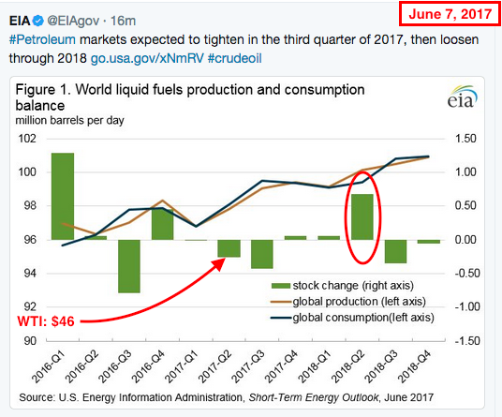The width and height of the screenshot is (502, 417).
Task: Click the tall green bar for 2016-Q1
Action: click(x=63, y=197)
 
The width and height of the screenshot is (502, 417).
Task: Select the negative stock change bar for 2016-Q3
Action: click(x=129, y=266)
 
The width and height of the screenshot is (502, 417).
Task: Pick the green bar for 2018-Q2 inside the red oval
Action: click(x=362, y=216)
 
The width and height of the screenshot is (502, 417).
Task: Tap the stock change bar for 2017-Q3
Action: click(x=262, y=254)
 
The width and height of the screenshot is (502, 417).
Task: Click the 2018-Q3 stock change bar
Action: click(x=396, y=251)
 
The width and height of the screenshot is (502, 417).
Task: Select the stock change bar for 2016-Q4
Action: click(x=162, y=225)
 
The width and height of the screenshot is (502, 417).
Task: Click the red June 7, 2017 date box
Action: click(x=450, y=14)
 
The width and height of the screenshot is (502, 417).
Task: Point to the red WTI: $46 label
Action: click(x=46, y=321)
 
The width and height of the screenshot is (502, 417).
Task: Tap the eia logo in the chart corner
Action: click(x=462, y=97)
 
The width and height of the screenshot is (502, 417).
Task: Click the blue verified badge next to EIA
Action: click(x=37, y=21)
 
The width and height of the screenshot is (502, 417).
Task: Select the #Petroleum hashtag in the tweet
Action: click(x=42, y=40)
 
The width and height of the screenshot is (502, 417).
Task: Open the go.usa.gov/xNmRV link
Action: click(x=147, y=58)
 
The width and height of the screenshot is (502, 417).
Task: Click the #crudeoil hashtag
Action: click(x=235, y=58)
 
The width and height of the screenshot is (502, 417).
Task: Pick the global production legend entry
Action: click(x=348, y=302)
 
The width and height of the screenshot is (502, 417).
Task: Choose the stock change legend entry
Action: click(x=342, y=286)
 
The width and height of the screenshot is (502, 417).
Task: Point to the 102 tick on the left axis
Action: click(x=27, y=139)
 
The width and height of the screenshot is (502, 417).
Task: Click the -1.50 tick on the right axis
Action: click(x=467, y=341)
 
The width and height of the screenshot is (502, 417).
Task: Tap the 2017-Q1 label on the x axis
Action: click(x=183, y=367)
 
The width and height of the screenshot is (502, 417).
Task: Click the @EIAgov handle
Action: click(x=73, y=21)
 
